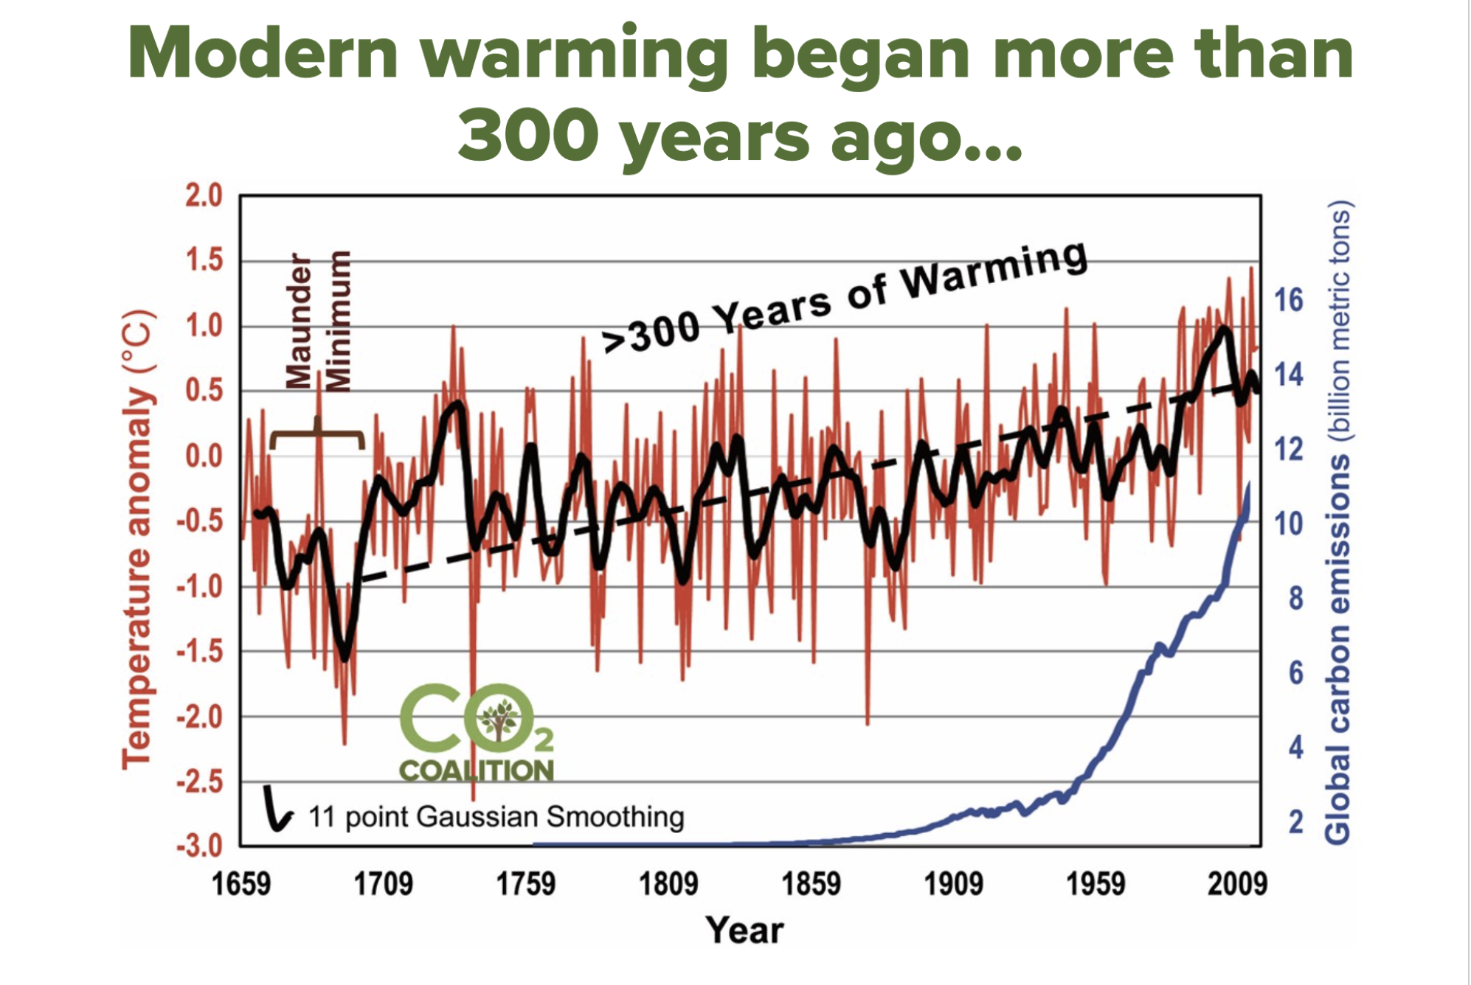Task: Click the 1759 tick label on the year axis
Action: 525,883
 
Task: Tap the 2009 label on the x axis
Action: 1237,883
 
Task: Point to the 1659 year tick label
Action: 241,883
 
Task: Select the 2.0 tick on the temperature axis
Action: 203,196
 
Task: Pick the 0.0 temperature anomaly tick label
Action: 203,456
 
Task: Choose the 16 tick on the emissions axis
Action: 1289,300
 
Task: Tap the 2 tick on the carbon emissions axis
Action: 1297,821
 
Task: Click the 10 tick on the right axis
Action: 1289,523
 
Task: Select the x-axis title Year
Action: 744,930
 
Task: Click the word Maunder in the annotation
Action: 299,320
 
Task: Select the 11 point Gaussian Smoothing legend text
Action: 496,817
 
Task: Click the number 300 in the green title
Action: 527,136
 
